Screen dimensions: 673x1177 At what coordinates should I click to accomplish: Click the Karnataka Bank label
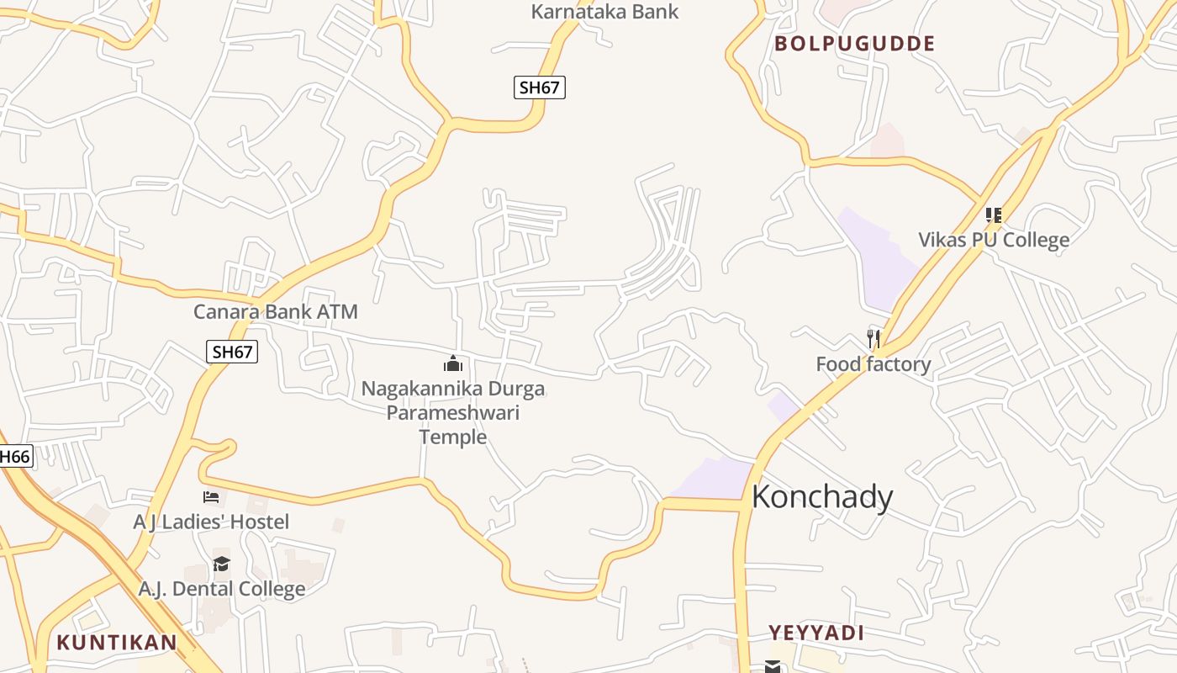tap(604, 12)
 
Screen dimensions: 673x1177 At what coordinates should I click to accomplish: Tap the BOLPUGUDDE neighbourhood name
tap(854, 44)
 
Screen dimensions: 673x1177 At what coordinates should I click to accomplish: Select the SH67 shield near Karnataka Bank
tap(540, 87)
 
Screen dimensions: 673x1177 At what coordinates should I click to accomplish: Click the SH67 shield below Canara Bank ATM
tap(232, 352)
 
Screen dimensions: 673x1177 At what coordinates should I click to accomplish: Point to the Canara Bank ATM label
tap(276, 312)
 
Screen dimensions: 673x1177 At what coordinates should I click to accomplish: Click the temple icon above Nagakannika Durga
tap(453, 364)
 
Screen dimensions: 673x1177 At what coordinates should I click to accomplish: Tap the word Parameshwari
tap(453, 413)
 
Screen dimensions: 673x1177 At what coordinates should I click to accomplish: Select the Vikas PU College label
tap(994, 240)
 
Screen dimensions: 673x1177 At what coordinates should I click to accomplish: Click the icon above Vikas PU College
tap(994, 215)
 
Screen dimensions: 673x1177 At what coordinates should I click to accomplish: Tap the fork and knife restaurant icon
tap(874, 339)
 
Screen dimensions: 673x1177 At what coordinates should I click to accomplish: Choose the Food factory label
tap(874, 364)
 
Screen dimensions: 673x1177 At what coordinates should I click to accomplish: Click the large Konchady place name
tap(821, 497)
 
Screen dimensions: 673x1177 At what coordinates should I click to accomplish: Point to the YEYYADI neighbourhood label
tap(816, 633)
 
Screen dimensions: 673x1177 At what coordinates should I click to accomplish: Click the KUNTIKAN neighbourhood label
tap(117, 643)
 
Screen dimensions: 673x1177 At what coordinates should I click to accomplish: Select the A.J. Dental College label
tap(222, 588)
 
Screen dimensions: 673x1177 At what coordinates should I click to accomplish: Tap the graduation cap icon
tap(221, 564)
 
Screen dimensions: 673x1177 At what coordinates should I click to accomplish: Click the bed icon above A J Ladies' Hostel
tap(211, 498)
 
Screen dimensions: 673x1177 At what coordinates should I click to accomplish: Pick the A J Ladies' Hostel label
tap(211, 522)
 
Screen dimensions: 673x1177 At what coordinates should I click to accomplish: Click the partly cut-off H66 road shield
tap(14, 457)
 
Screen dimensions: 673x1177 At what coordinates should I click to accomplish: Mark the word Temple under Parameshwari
tap(453, 437)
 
